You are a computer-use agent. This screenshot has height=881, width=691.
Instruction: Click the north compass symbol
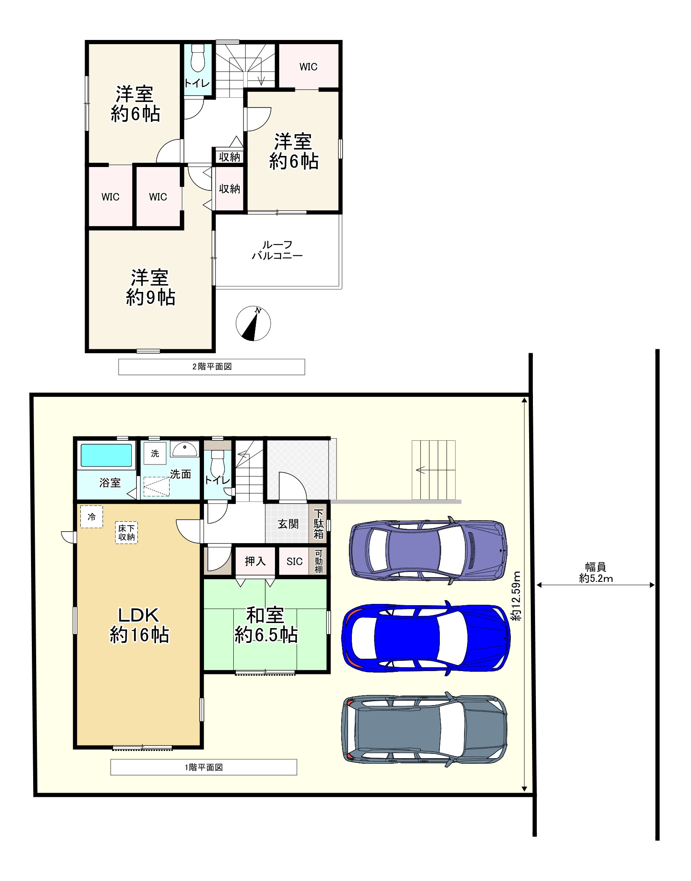point(253,323)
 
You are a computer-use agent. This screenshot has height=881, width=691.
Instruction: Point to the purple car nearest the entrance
point(428,550)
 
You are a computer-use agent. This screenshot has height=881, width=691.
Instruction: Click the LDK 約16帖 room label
point(139,625)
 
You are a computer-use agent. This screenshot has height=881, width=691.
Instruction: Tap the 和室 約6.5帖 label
point(266,625)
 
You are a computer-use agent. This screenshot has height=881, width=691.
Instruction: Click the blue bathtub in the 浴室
point(106,455)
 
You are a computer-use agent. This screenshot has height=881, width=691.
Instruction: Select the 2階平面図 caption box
point(212,367)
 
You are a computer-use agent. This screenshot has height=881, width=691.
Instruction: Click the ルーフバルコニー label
point(277,250)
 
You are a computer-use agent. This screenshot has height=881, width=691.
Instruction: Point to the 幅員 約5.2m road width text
point(596,572)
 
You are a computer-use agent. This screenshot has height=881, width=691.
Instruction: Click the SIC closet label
point(295,561)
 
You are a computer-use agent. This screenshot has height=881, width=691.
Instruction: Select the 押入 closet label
point(255,561)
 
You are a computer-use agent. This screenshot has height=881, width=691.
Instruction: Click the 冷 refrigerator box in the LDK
point(91,517)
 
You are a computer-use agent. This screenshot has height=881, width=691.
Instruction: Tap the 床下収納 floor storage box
point(126,533)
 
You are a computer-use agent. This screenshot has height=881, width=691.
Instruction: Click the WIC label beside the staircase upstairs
point(308,67)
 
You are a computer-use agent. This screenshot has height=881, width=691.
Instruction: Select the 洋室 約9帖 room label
point(150,287)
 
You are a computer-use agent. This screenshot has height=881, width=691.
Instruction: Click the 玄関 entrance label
point(288,524)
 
